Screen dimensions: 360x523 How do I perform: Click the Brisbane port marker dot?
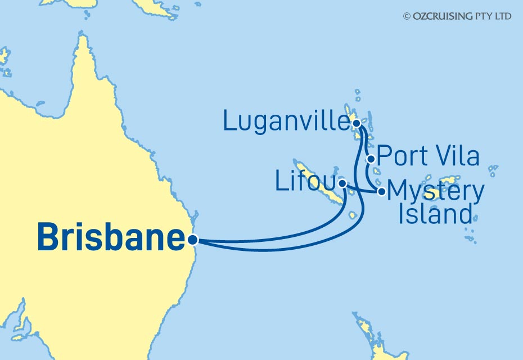[193, 240]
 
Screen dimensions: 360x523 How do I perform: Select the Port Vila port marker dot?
[371, 159]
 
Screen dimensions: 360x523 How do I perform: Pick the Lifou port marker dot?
[342, 183]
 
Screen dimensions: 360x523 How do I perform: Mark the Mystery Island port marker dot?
[382, 192]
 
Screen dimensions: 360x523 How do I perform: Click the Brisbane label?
[111, 237]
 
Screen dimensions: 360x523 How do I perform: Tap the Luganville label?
[286, 121]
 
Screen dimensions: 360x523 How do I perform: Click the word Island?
[435, 214]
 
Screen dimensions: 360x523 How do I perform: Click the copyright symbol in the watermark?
[407, 16]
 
